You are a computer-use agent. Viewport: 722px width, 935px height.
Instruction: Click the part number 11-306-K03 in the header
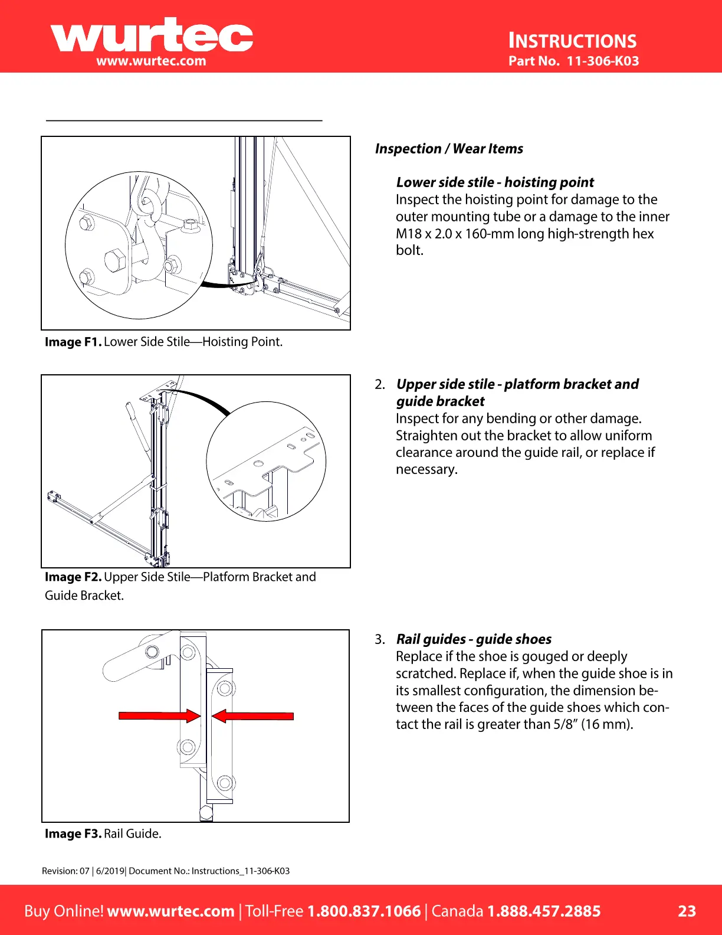[x=602, y=61]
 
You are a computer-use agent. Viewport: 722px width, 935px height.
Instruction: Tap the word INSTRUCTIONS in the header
[x=572, y=41]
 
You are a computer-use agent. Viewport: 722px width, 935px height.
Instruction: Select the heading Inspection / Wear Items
[x=449, y=149]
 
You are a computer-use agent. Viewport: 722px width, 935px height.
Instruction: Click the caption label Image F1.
[x=73, y=342]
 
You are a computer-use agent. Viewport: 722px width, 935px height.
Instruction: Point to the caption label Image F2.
[x=73, y=577]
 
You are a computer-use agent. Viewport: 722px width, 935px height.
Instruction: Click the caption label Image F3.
[x=73, y=833]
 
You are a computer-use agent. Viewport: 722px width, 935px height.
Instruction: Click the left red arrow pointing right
[x=159, y=716]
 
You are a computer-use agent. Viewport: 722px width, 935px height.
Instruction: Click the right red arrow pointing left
[x=252, y=716]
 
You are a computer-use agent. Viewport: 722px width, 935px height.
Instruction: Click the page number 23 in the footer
[x=687, y=911]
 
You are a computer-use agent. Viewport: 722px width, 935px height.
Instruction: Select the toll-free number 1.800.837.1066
[x=364, y=911]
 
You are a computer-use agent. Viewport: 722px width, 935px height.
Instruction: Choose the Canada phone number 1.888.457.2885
[x=543, y=911]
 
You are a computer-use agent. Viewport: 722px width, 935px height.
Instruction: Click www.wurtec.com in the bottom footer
[x=171, y=911]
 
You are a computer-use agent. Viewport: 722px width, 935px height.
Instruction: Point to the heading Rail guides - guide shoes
[x=474, y=639]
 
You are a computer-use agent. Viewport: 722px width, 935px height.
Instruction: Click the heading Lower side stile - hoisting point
[x=495, y=182]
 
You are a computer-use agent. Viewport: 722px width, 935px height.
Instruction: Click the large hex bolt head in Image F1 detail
[x=115, y=260]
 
